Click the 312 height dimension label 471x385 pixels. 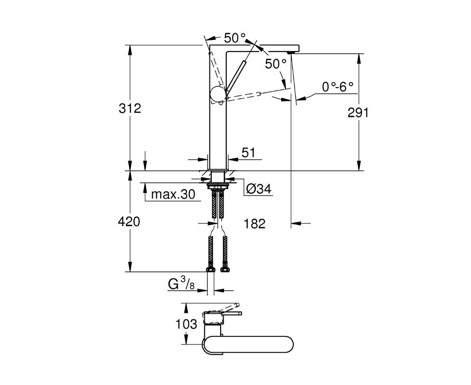[x=130, y=108]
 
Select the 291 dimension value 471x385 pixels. [x=358, y=113]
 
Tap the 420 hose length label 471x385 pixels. [x=129, y=222]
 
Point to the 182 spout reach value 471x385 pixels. [x=255, y=224]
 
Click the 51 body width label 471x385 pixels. [x=248, y=153]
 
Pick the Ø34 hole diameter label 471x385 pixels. [x=259, y=189]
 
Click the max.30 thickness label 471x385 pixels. [x=173, y=194]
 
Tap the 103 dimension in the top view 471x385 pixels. [x=186, y=324]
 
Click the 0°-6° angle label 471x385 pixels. [x=338, y=87]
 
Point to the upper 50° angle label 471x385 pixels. [x=235, y=38]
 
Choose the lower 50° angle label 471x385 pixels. [x=276, y=64]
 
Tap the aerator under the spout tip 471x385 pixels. [x=290, y=52]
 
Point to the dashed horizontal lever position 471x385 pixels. [x=243, y=96]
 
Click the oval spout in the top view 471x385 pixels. [x=248, y=344]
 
